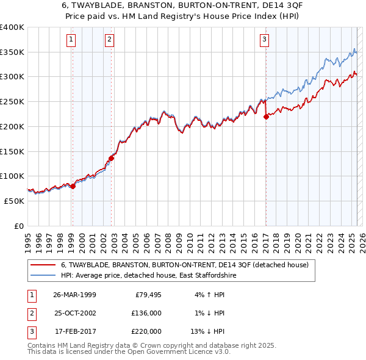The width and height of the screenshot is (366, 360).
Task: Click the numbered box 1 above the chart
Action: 71,40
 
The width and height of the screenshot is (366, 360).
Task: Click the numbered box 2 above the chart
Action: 109,40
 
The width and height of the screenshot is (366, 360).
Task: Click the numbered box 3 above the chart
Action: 264,40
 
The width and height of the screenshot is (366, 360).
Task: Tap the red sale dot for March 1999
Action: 73,186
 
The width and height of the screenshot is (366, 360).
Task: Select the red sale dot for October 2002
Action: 111,158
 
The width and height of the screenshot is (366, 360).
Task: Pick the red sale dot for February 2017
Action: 266,117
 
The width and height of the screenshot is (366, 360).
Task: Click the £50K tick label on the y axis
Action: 15,201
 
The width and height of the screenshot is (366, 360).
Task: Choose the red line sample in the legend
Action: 42,265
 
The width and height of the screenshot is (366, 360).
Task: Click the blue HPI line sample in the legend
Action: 42,276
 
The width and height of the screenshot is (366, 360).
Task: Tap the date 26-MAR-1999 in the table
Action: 75,295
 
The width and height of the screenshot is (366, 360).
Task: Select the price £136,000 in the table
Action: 147,313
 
